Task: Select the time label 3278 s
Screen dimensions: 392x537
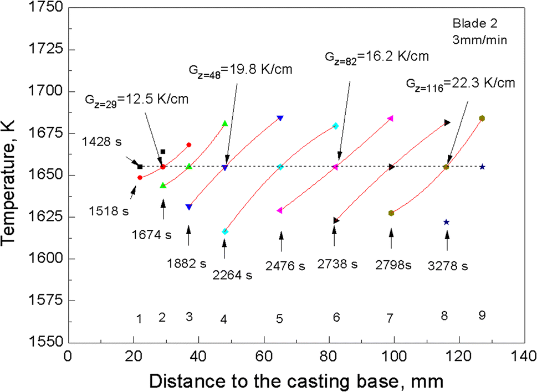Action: (449, 266)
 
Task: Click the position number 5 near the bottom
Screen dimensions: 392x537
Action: (280, 319)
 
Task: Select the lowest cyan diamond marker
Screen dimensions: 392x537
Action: (225, 231)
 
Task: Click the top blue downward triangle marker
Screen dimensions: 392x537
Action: (280, 118)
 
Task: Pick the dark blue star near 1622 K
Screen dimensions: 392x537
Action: (446, 222)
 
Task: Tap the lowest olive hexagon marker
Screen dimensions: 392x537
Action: (391, 213)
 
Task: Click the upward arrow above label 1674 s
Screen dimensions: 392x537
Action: (163, 210)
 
